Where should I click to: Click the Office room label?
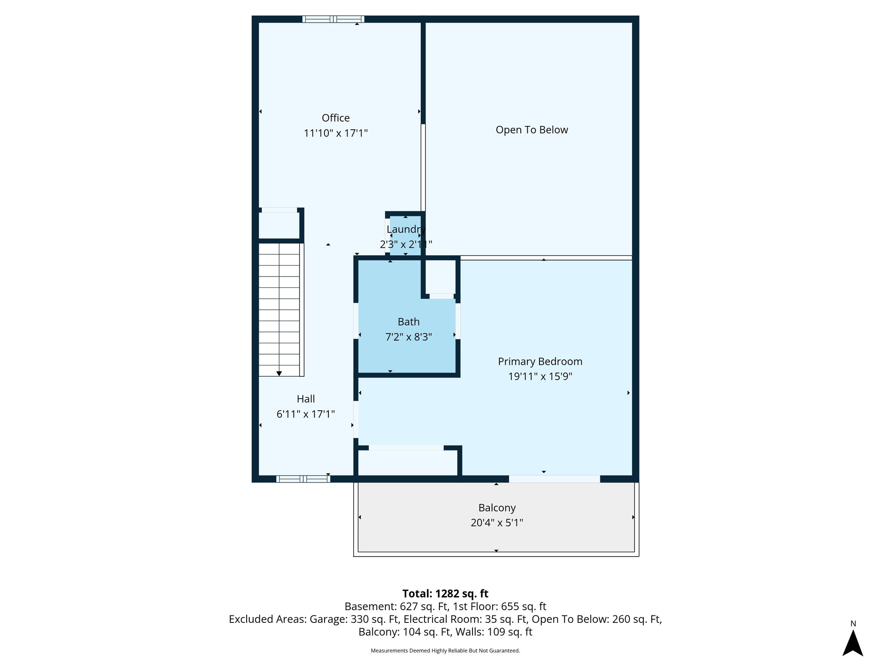point(335,118)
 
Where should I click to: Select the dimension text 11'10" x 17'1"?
point(335,133)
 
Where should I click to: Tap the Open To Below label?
point(532,130)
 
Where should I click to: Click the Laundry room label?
point(405,230)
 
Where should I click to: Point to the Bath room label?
point(409,322)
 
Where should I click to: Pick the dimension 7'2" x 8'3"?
point(409,337)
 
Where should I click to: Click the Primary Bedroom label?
point(540,362)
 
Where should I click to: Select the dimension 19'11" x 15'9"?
point(540,376)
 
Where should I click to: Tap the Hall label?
point(305,399)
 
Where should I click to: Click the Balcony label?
point(497,508)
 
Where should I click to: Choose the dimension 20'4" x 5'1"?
point(497,523)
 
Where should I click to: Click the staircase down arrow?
point(279,373)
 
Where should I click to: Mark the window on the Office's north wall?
point(333,19)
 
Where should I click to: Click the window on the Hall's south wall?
point(303,479)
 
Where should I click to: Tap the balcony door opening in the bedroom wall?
point(554,479)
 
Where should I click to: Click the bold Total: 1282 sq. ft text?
point(445,594)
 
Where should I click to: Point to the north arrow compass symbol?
point(853,643)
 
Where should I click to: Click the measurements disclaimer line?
point(445,651)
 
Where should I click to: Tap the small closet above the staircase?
point(278,225)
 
